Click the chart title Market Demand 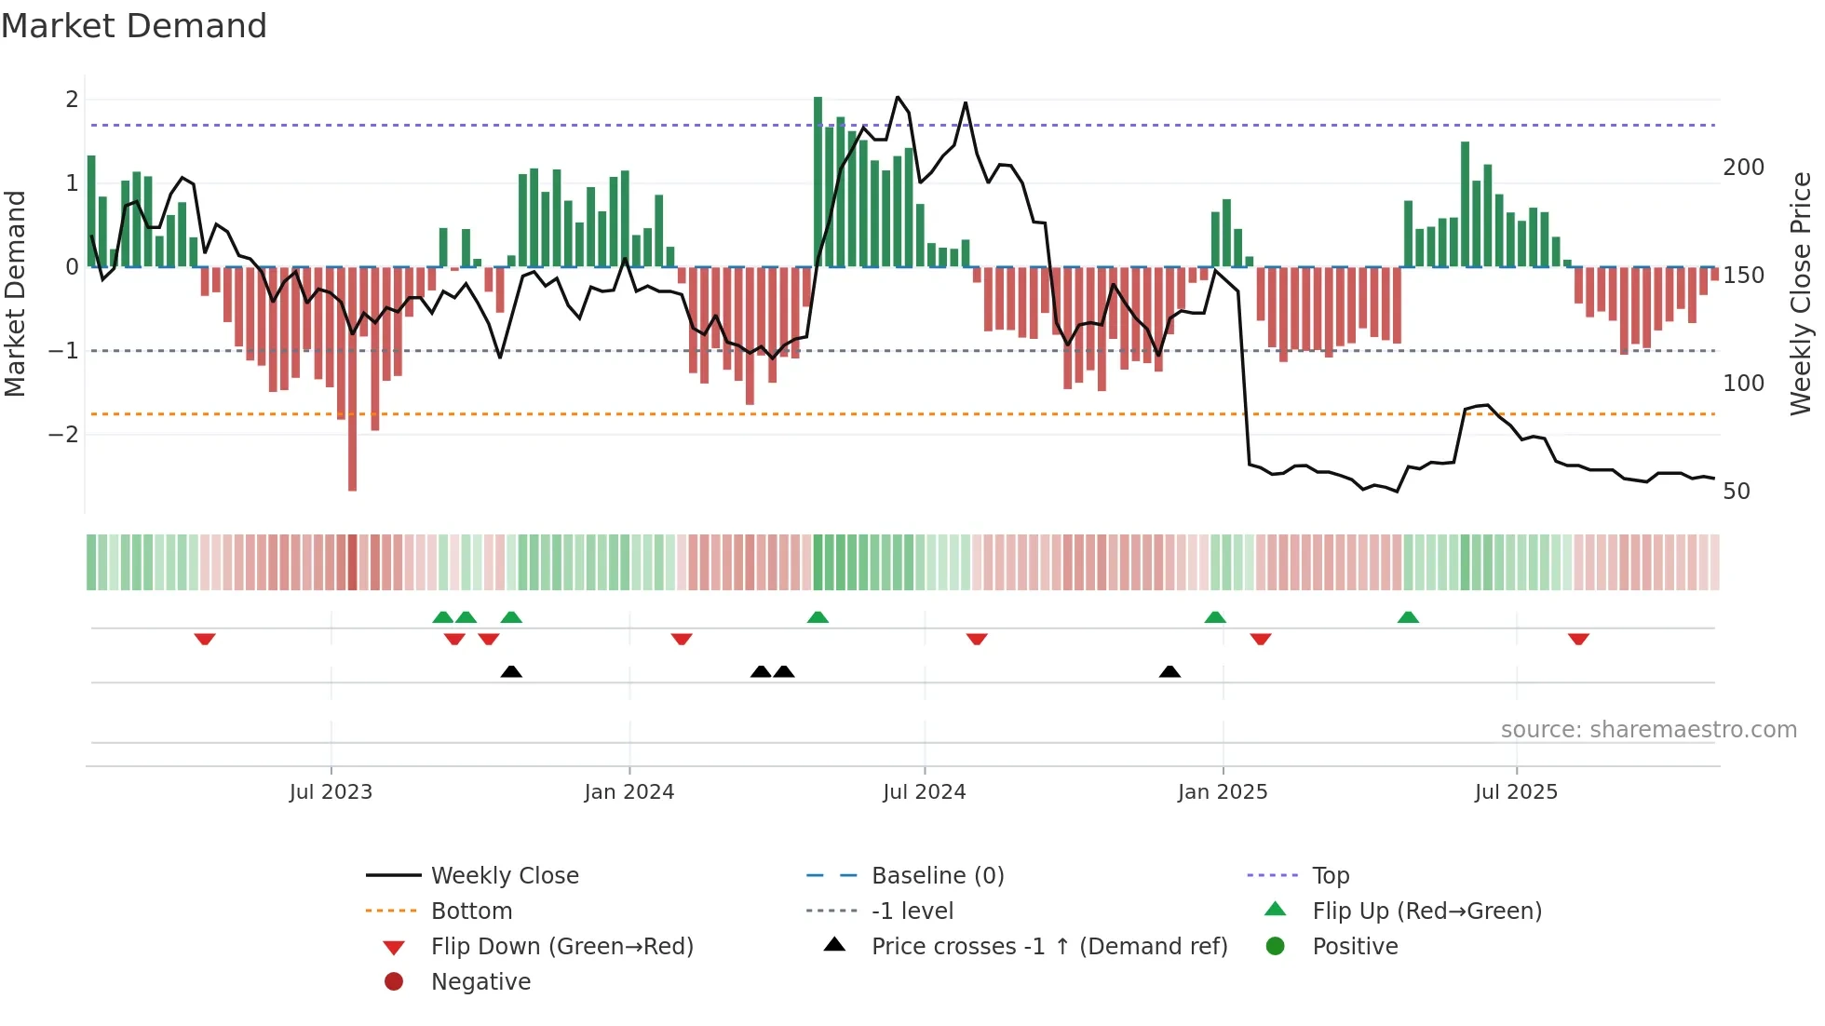tap(134, 25)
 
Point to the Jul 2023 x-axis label tap(331, 792)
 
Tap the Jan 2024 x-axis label tap(629, 792)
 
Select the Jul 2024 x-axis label tap(924, 792)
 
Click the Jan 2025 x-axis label tap(1222, 792)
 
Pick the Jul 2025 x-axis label tap(1516, 792)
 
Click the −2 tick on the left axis tap(64, 435)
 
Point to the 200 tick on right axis tap(1743, 168)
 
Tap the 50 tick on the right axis tap(1737, 492)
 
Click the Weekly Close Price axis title tap(1801, 293)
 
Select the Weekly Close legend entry tap(504, 876)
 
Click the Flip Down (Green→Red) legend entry tap(561, 947)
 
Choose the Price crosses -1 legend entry tap(1048, 947)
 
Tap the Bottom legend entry tap(471, 911)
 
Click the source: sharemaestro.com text tap(1648, 730)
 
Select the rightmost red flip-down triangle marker tap(1578, 639)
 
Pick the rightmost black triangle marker tap(1169, 671)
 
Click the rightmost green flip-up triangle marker tap(1408, 617)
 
